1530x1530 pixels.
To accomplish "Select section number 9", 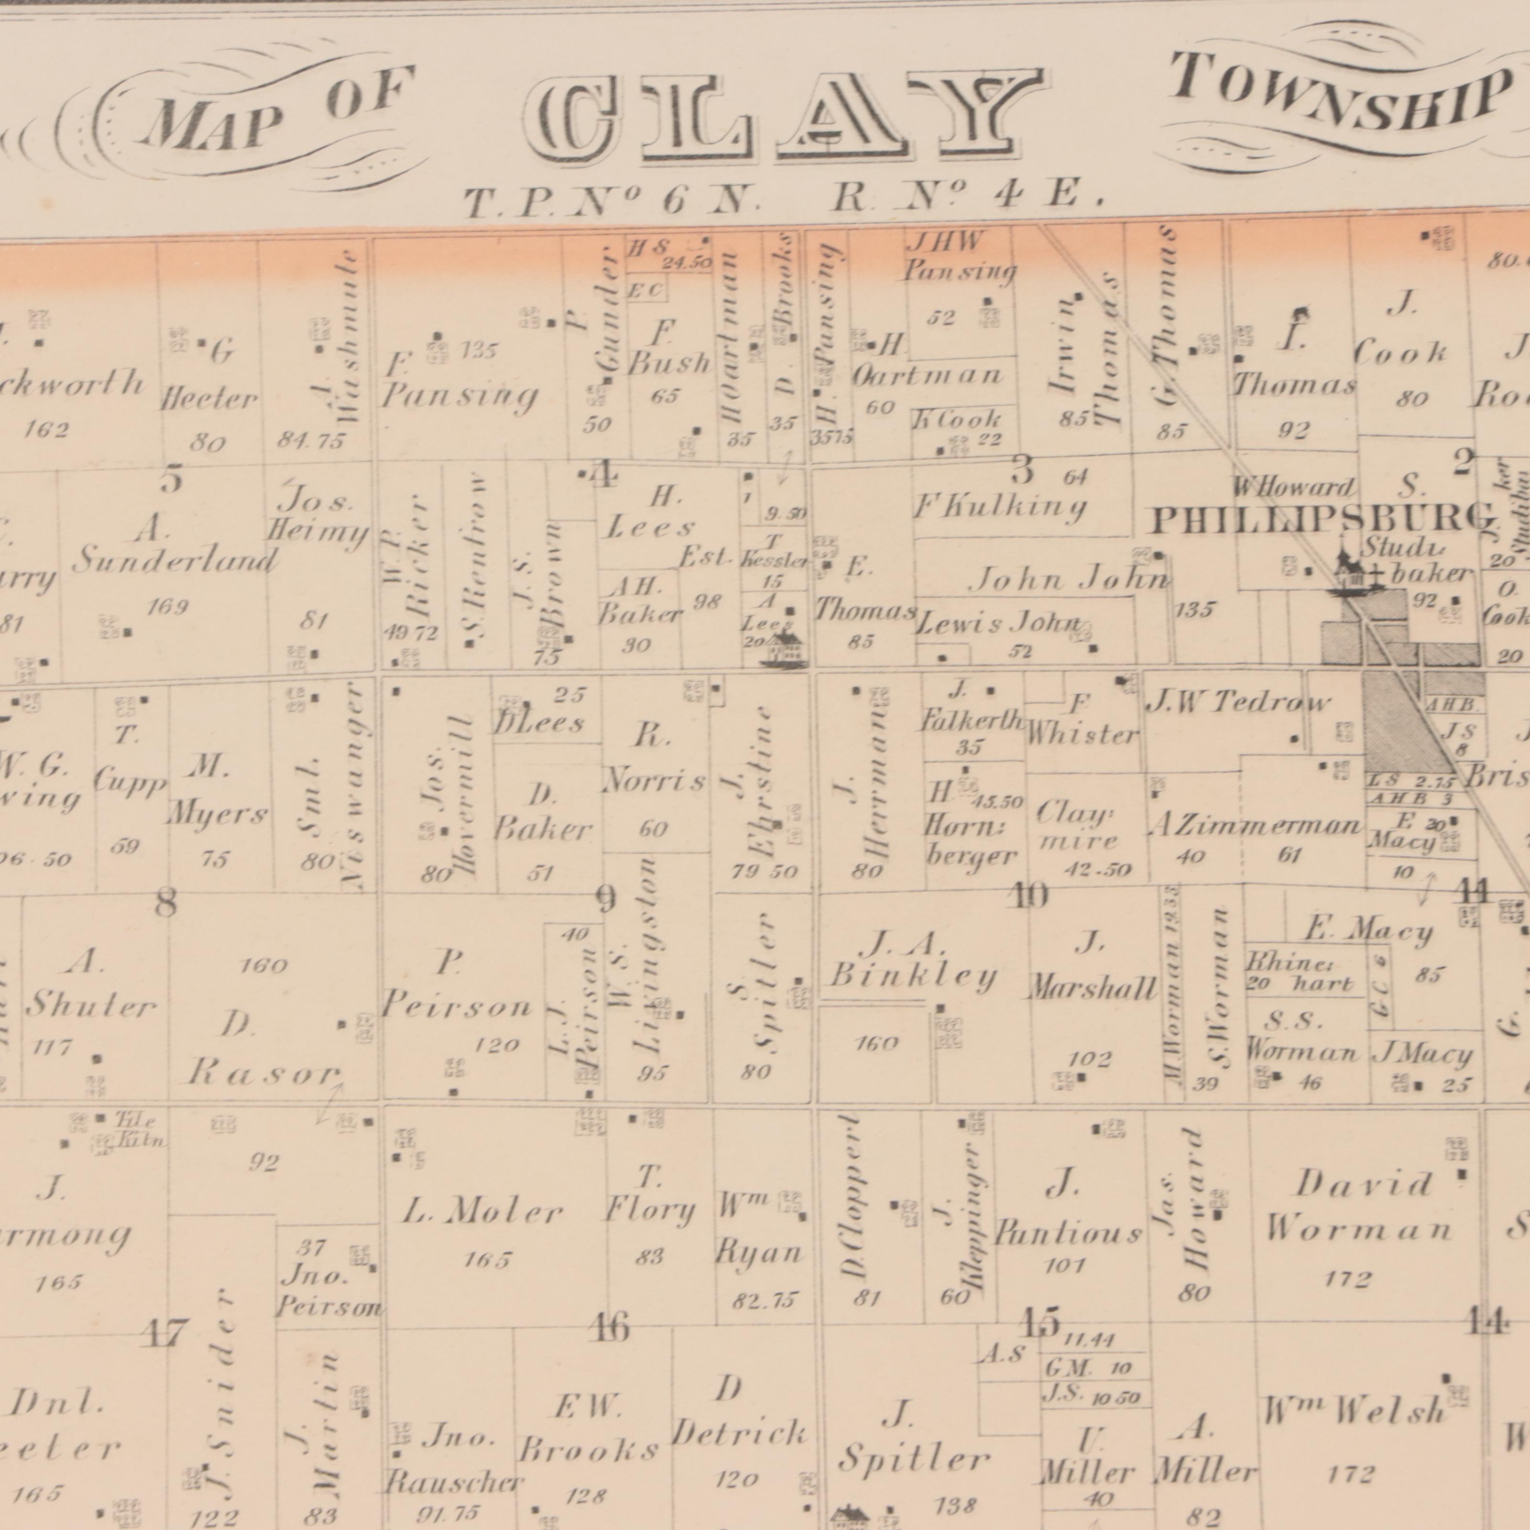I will pyautogui.click(x=606, y=899).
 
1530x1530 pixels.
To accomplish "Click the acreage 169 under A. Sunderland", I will pyautogui.click(x=168, y=607).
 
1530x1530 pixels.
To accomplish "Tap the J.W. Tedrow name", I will pyautogui.click(x=1239, y=701).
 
